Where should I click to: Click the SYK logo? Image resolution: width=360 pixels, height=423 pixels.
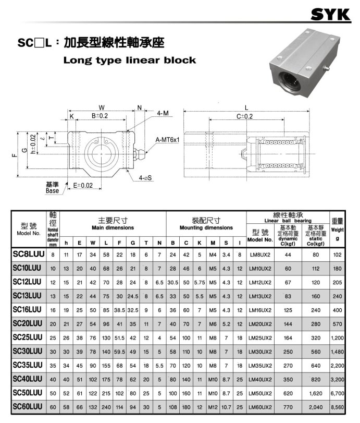coord(331,15)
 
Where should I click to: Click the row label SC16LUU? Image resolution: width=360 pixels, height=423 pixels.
coord(27,309)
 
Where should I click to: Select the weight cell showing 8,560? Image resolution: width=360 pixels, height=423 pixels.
coord(338,407)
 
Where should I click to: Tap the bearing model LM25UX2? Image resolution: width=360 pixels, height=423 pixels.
coord(260,338)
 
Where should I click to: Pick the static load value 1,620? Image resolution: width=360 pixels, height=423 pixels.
coord(316,393)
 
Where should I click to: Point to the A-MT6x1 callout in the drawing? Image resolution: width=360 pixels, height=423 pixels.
coord(167,140)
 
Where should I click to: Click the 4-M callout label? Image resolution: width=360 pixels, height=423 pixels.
coord(163,113)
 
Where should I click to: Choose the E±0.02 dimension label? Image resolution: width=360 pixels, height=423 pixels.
coord(83,185)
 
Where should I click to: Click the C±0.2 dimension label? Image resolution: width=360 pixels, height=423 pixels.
coord(244,116)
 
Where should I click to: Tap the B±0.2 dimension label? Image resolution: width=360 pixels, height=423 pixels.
coord(100,116)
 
